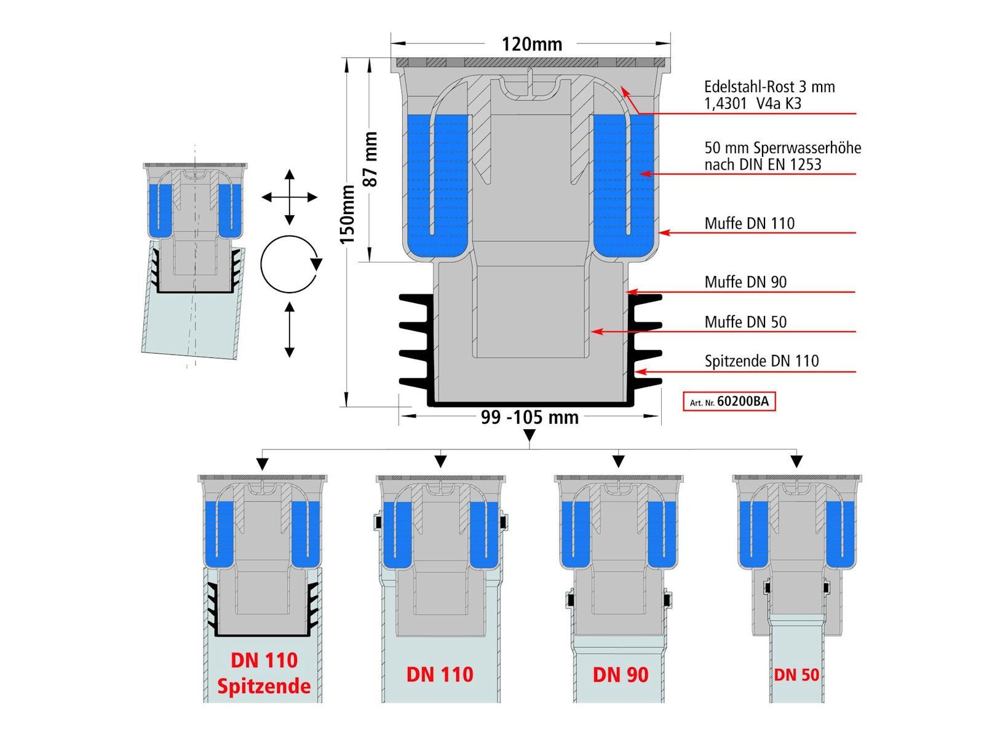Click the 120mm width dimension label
pyautogui.click(x=532, y=44)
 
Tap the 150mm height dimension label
pyautogui.click(x=348, y=214)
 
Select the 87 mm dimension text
pyautogui.click(x=371, y=159)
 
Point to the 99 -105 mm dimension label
pyautogui.click(x=530, y=417)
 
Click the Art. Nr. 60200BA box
pyautogui.click(x=729, y=401)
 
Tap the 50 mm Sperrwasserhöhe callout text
pyautogui.click(x=783, y=156)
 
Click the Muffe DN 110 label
pyautogui.click(x=750, y=223)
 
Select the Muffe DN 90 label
pyautogui.click(x=745, y=282)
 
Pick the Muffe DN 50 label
pyautogui.click(x=745, y=322)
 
